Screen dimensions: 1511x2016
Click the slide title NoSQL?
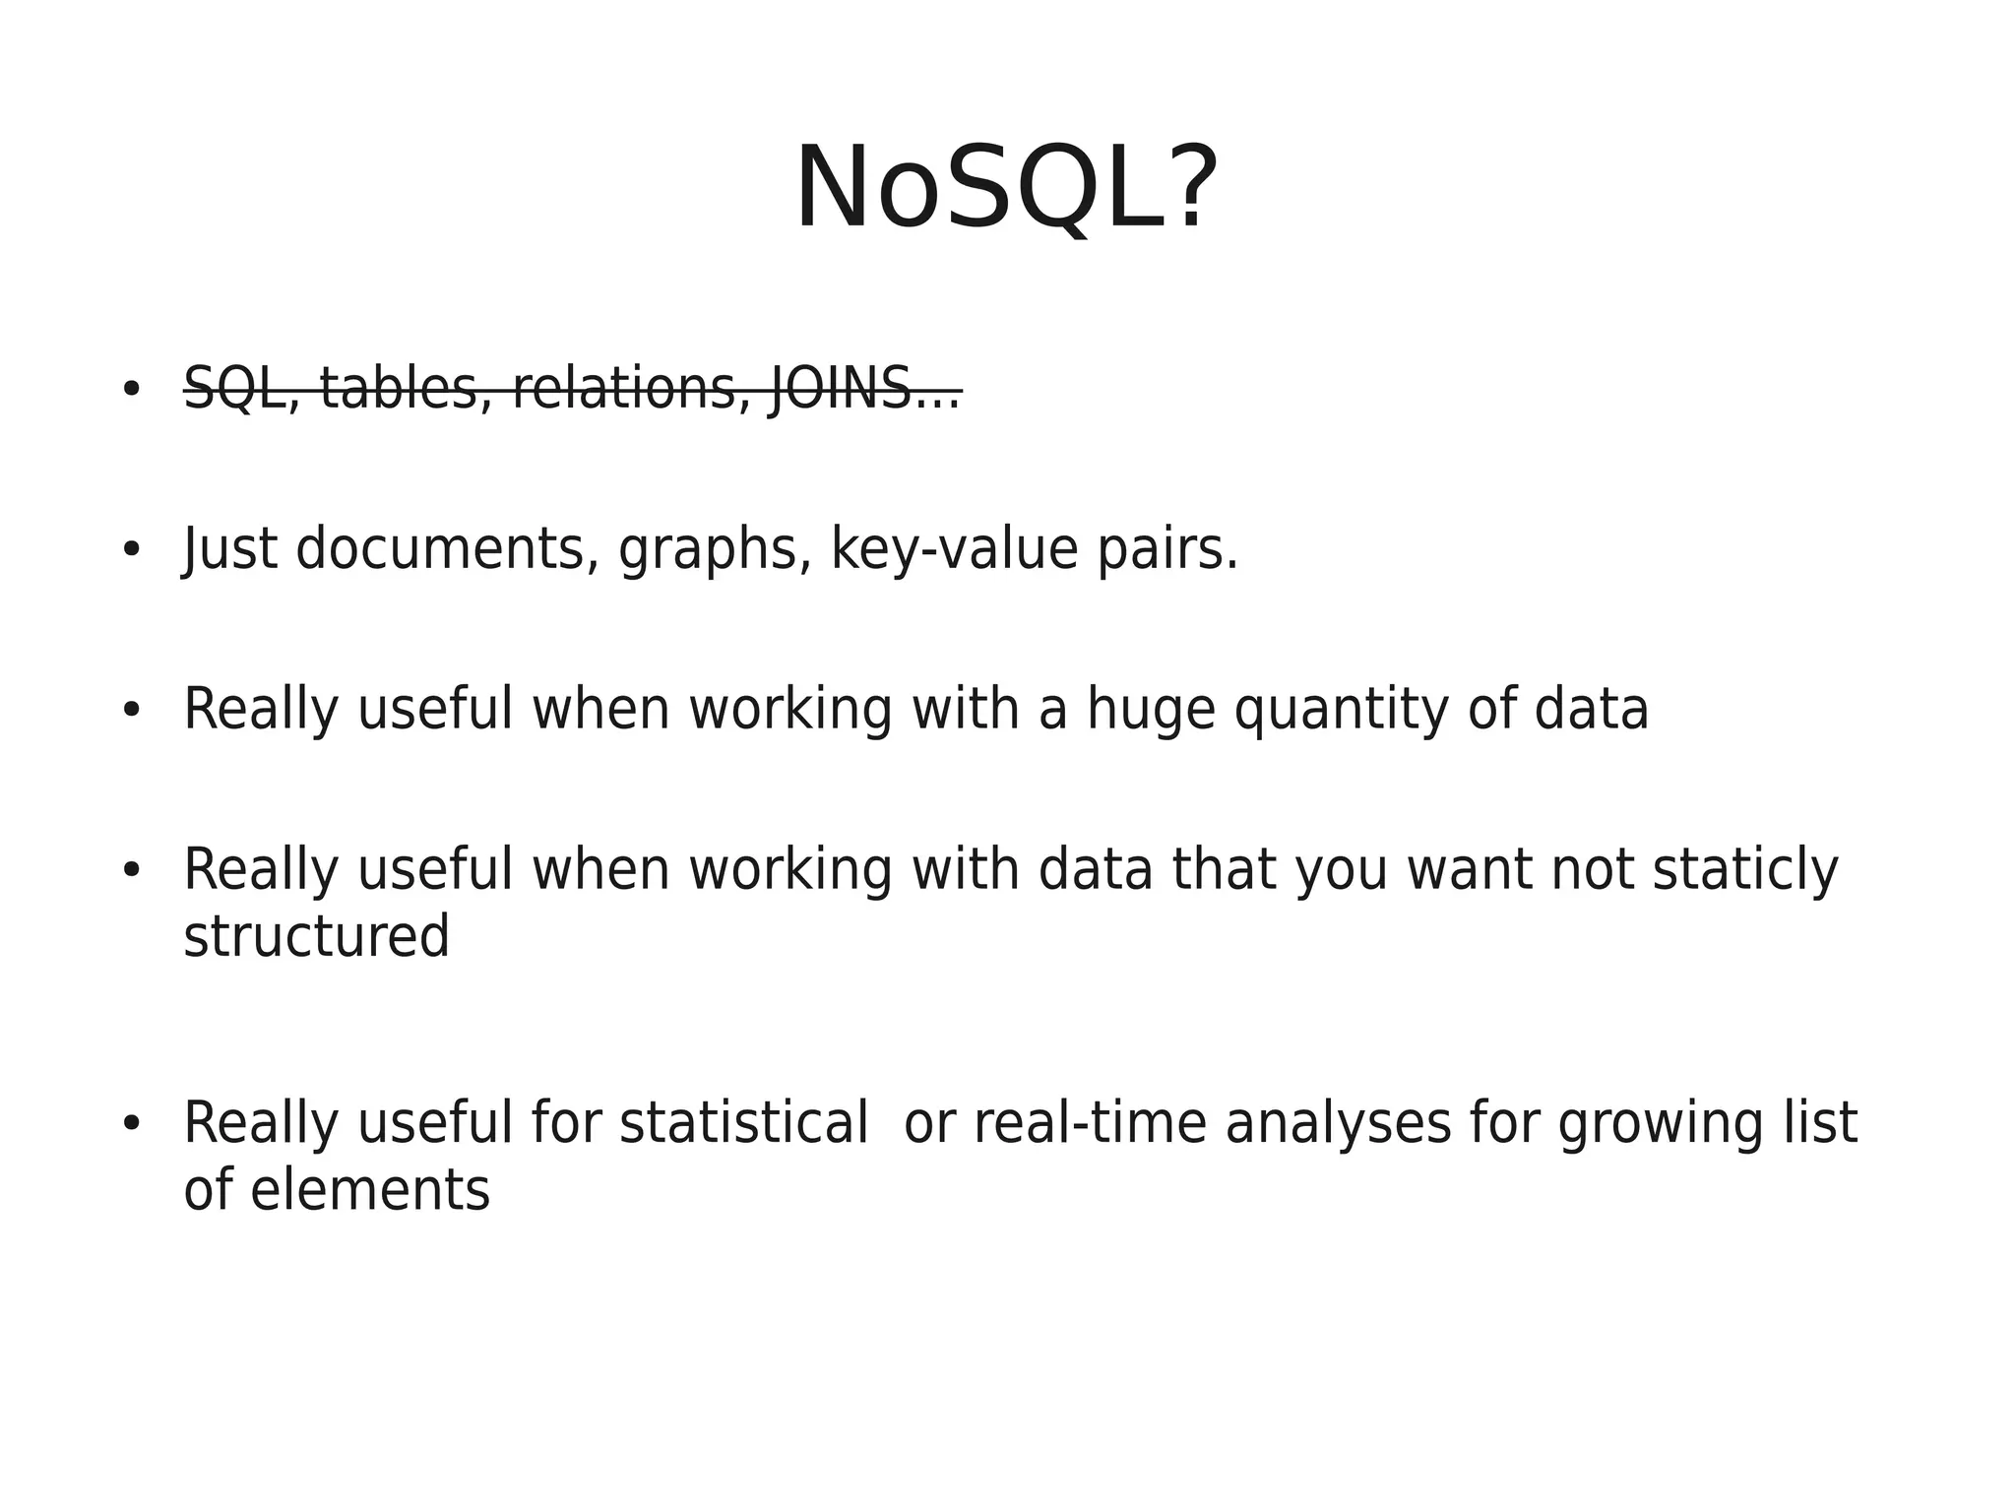(x=1006, y=188)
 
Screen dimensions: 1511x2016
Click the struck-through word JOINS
(x=840, y=389)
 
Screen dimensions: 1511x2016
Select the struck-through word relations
(x=624, y=389)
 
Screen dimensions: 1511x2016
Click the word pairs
(x=1165, y=550)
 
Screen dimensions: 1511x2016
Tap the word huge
(x=1151, y=710)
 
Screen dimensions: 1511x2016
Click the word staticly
(x=1744, y=870)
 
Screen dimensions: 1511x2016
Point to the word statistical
(x=743, y=1123)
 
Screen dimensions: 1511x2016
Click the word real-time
(x=1090, y=1123)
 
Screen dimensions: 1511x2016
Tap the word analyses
(x=1338, y=1125)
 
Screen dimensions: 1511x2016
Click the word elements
(x=369, y=1190)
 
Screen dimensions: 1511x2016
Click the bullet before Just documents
(x=131, y=550)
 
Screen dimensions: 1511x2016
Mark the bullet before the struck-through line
(x=131, y=390)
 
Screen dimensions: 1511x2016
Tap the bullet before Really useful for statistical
(x=131, y=1124)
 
